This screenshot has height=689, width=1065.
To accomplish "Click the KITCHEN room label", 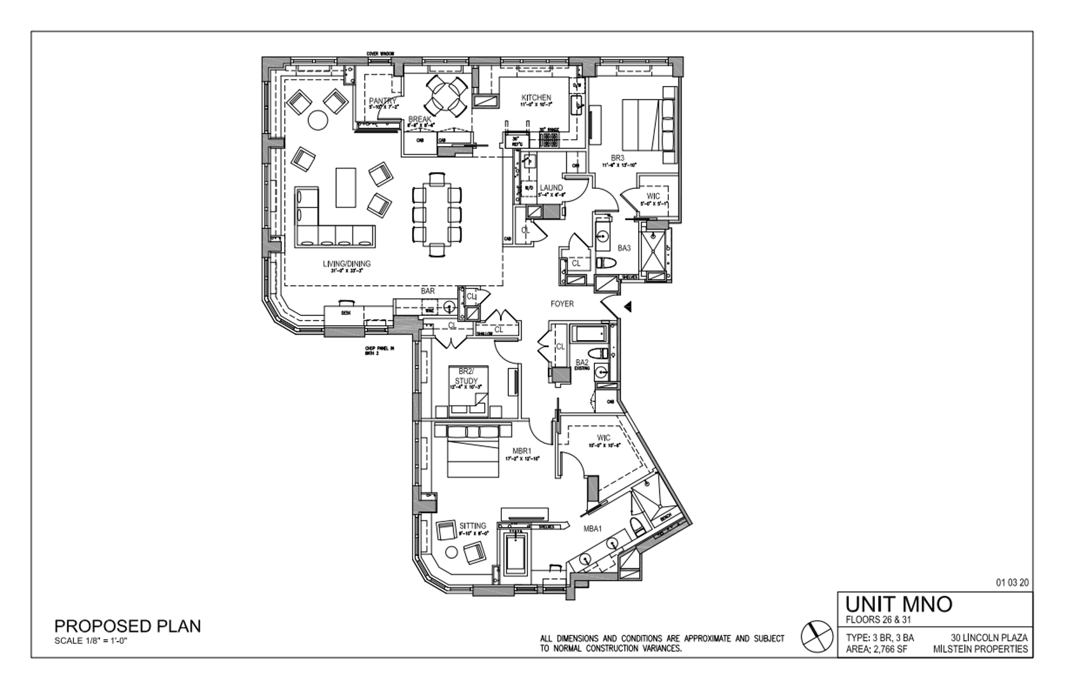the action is [536, 98].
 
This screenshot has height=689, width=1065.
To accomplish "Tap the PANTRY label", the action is [382, 101].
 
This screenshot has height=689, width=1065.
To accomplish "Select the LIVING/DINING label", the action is [346, 263].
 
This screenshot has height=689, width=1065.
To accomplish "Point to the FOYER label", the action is [562, 304].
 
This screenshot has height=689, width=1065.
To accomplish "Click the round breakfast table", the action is [446, 96].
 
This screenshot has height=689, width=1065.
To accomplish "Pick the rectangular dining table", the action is [437, 214].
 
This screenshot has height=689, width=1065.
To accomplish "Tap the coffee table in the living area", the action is [346, 187].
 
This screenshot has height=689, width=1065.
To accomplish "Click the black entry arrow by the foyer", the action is [628, 307].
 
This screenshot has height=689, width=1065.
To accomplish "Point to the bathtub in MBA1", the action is [515, 554].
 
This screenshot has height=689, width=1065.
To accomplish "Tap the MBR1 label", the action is [522, 451].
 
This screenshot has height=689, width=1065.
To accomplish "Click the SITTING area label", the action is [473, 526].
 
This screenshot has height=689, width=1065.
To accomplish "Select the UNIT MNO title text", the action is [899, 604].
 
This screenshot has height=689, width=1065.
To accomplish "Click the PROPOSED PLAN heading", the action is [128, 626].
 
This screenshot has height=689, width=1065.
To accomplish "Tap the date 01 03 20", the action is [1012, 582].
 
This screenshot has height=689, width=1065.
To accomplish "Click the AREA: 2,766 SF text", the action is [876, 649].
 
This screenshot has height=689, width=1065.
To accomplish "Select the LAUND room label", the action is [551, 188].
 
